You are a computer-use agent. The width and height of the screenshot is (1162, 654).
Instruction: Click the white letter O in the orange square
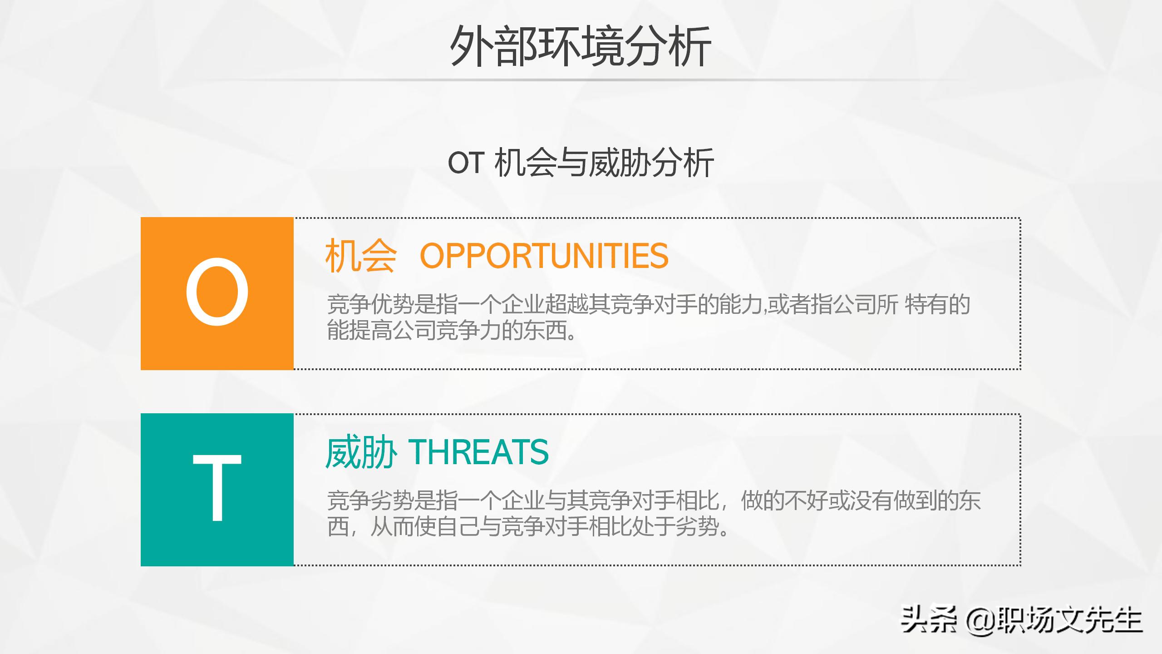pyautogui.click(x=217, y=292)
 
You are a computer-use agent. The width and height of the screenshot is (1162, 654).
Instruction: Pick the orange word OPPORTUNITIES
pyautogui.click(x=544, y=256)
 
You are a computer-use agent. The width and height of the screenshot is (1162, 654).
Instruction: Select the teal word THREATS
pyautogui.click(x=479, y=452)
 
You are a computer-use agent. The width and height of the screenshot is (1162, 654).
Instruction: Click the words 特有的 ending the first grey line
pyautogui.click(x=937, y=305)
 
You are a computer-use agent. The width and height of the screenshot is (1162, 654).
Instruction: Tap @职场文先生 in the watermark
pyautogui.click(x=1053, y=620)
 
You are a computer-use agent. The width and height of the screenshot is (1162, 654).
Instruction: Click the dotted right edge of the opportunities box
pyautogui.click(x=1020, y=293)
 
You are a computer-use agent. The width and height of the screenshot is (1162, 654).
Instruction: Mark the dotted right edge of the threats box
pyautogui.click(x=1020, y=490)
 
